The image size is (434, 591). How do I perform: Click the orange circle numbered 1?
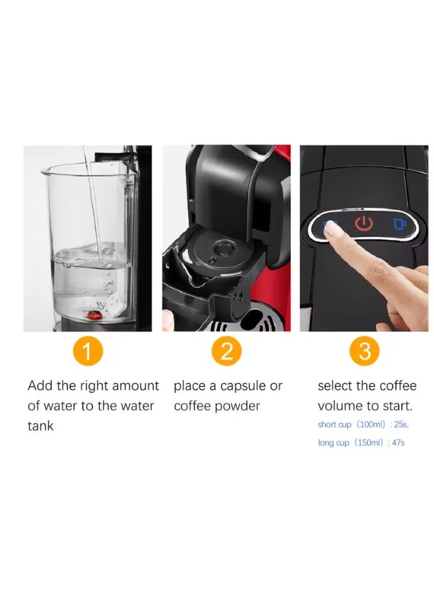88,351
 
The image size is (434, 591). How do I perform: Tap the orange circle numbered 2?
226,351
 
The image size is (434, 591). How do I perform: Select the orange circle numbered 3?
364,351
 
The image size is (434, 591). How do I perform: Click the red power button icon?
364,224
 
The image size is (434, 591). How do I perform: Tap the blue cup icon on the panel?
400,224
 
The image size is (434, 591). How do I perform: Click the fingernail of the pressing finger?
330,228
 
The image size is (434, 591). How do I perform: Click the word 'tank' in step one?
40,426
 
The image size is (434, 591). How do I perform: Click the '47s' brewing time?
398,442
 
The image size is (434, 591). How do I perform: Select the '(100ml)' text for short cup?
371,424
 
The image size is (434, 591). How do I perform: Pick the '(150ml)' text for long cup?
368,442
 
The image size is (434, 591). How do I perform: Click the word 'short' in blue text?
327,424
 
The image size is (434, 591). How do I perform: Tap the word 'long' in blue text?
325,442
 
